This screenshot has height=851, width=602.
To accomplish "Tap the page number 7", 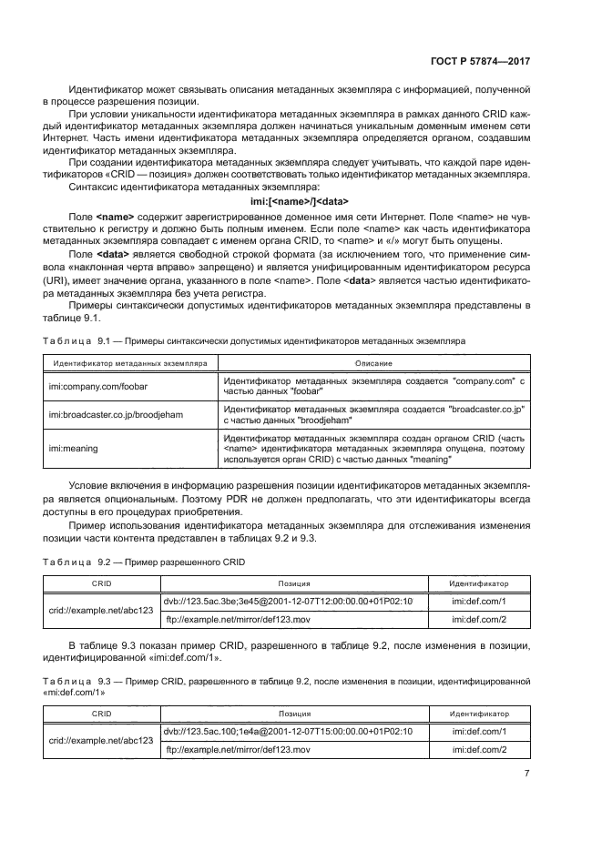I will pos(527,774).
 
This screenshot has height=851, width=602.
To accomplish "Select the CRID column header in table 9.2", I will pos(101,583).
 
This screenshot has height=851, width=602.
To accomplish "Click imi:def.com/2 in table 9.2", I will pos(479,620).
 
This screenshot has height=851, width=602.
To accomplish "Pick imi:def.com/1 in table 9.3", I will pos(479,731).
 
